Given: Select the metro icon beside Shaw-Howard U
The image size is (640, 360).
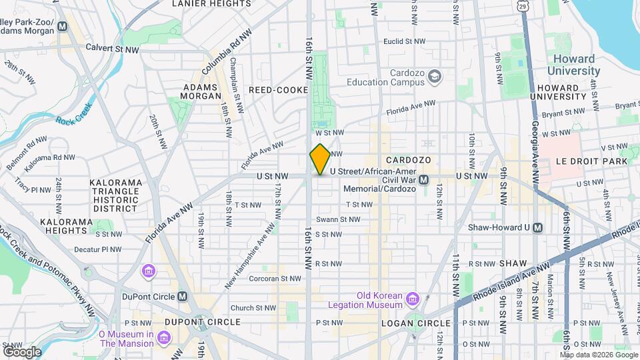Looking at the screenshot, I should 538,227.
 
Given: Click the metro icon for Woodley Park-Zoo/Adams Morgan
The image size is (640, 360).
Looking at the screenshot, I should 63,27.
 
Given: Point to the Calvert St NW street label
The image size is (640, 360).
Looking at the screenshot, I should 113,49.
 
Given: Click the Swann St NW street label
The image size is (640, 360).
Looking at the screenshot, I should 338,219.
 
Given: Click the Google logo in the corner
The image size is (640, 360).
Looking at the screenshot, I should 22,351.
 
